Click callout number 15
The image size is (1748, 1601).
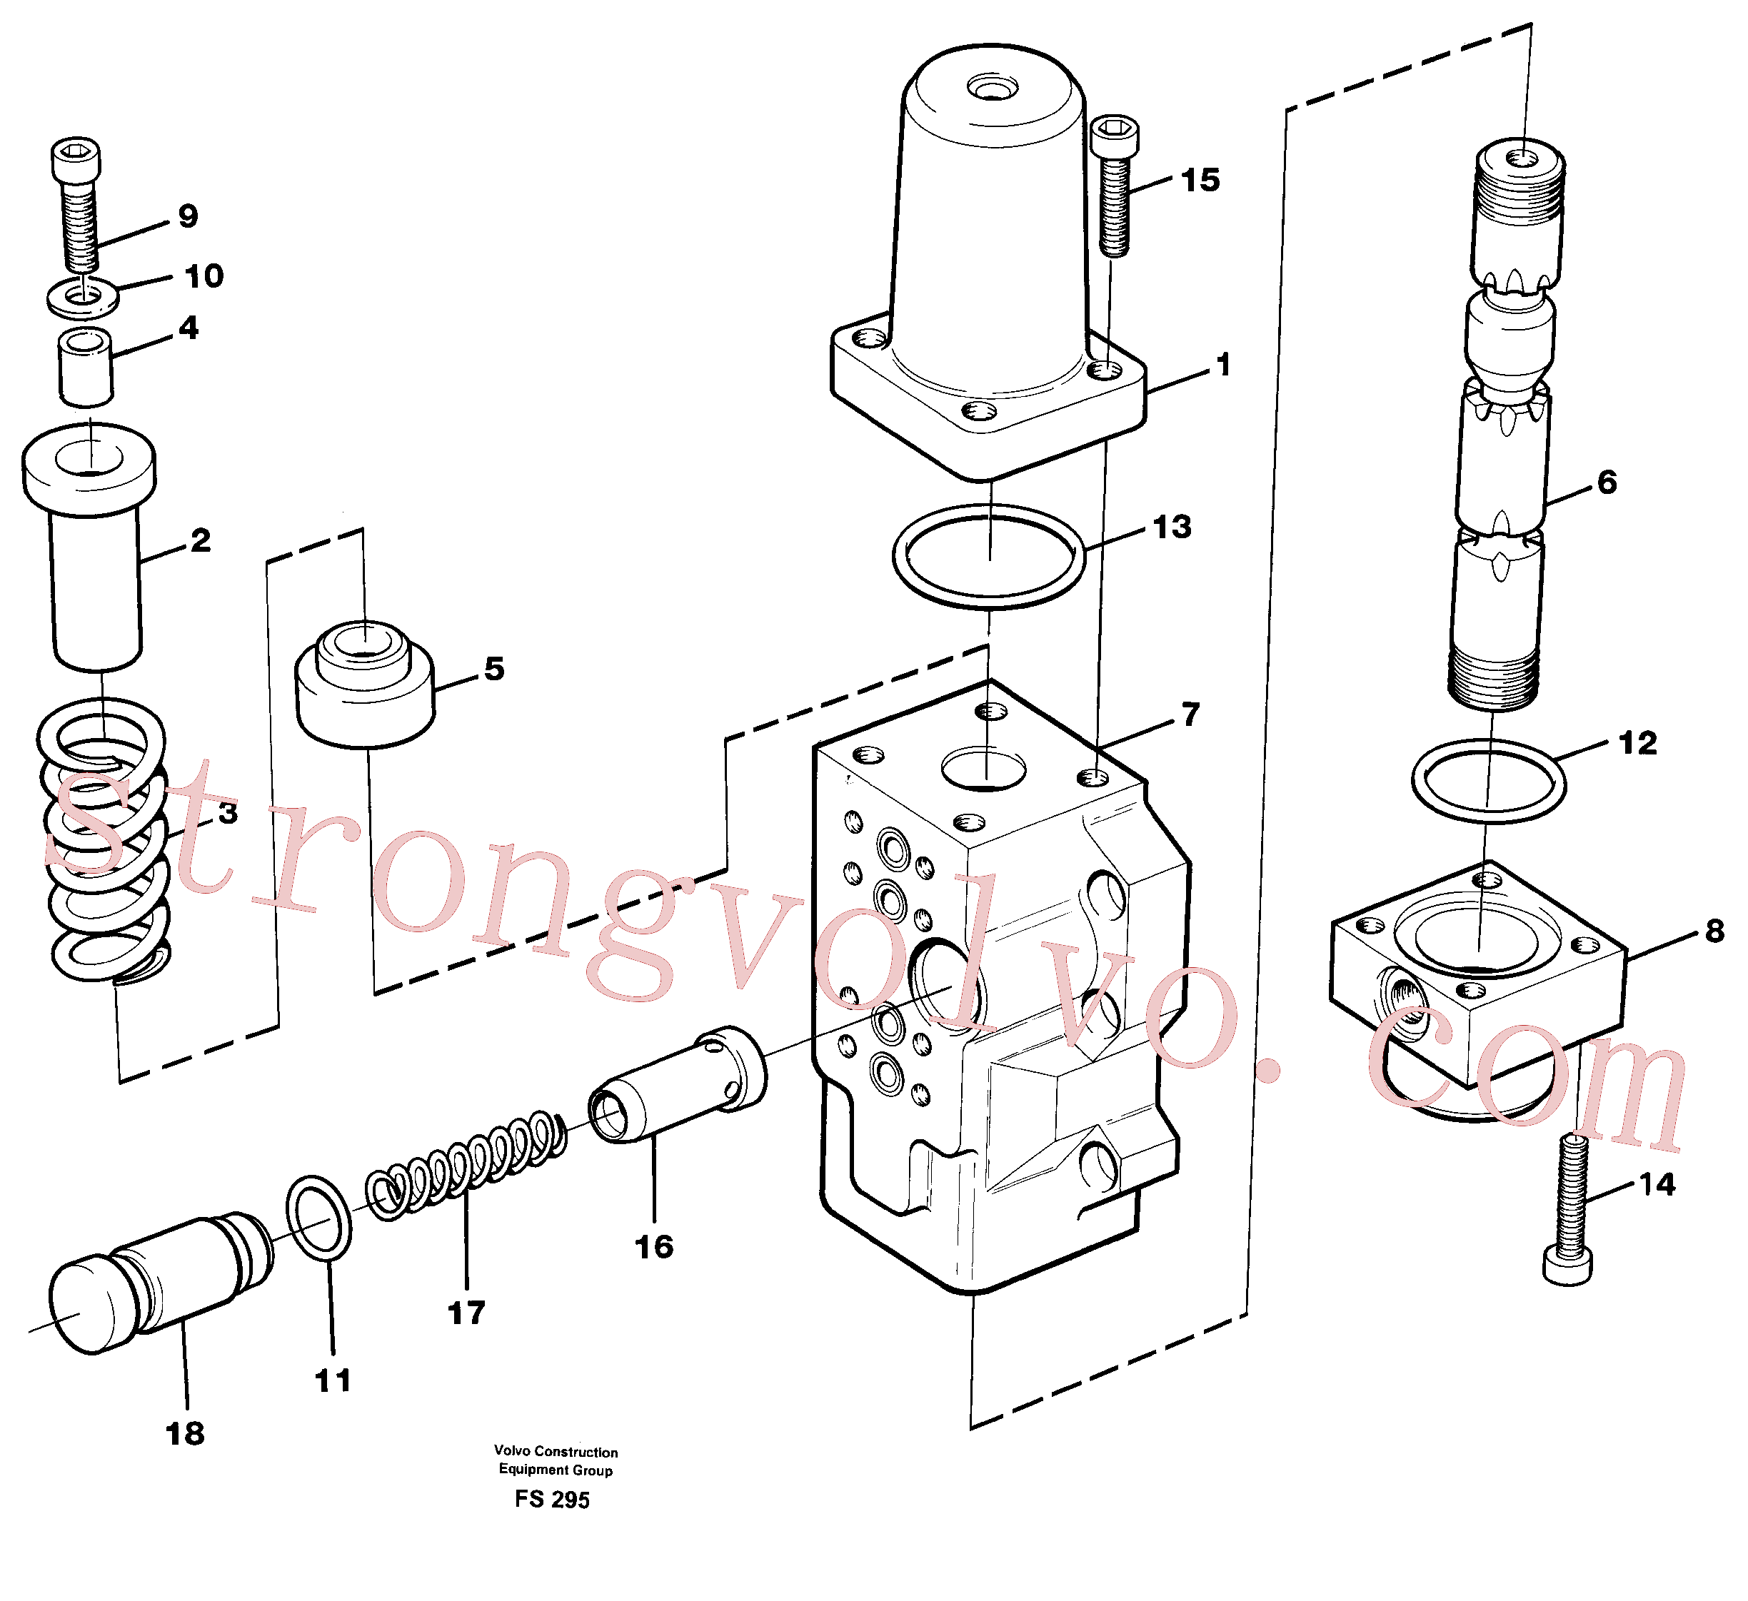click(x=1200, y=181)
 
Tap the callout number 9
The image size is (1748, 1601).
click(x=189, y=216)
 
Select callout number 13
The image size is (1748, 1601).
click(x=1172, y=527)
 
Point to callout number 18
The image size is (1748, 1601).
click(x=185, y=1434)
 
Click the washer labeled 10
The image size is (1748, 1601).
click(x=82, y=296)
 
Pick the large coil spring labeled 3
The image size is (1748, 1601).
click(x=104, y=841)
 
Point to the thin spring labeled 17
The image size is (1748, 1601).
click(x=466, y=1165)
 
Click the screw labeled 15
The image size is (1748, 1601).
click(x=1114, y=186)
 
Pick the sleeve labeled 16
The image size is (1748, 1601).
click(x=677, y=1084)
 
